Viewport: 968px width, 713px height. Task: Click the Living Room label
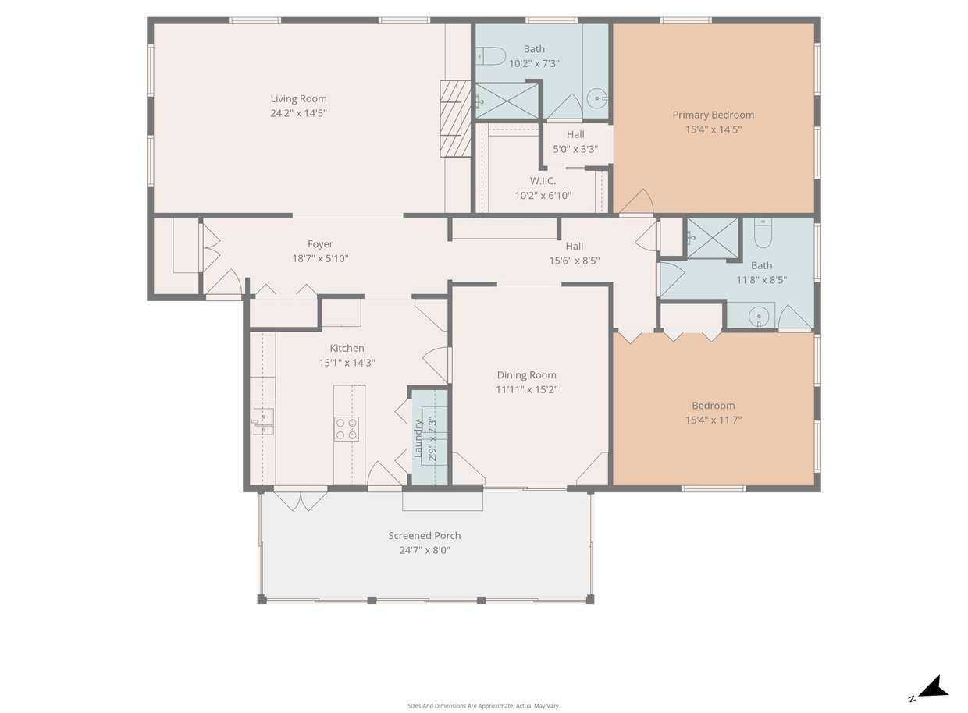(x=299, y=99)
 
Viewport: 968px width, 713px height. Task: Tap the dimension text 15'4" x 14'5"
(x=714, y=129)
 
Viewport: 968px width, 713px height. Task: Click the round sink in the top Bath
(x=597, y=98)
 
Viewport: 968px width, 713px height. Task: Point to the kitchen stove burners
(x=347, y=429)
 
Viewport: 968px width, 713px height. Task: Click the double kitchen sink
(x=263, y=421)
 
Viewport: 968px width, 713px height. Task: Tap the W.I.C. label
(x=543, y=181)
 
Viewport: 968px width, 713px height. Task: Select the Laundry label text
(x=418, y=438)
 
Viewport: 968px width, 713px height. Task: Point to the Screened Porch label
(x=425, y=536)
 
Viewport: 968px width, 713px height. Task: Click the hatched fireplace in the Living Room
(x=455, y=119)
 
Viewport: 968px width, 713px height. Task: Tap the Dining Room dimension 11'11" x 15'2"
(x=526, y=390)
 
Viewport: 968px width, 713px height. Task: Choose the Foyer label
(x=320, y=244)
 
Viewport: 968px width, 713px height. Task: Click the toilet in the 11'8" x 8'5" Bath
(x=763, y=232)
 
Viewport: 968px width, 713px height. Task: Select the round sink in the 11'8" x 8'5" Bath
(x=759, y=317)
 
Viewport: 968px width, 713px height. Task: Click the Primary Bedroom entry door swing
(x=636, y=202)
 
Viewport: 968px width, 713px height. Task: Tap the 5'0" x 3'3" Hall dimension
(x=575, y=150)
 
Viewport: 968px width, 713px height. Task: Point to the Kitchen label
(x=347, y=349)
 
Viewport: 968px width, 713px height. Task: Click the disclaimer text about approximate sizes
(x=483, y=706)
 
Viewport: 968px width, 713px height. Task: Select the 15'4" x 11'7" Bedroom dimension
(x=714, y=420)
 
